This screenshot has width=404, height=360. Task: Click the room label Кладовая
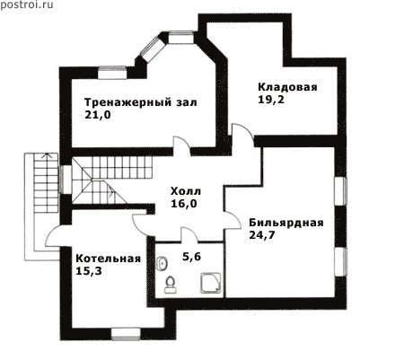[x=287, y=87]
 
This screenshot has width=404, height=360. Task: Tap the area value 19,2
[x=271, y=100]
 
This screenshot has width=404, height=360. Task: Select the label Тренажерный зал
[x=141, y=102]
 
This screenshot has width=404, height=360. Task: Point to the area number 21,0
[x=98, y=115]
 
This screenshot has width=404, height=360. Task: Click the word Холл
[x=186, y=191]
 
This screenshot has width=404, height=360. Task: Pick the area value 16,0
[x=184, y=204]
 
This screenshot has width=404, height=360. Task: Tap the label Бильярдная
[x=286, y=223]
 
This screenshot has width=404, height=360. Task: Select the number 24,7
[x=262, y=235]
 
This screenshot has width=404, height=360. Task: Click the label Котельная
[x=108, y=259]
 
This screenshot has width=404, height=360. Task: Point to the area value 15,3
[x=89, y=271]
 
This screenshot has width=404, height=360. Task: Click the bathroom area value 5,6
[x=191, y=257]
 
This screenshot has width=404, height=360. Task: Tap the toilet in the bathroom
[x=170, y=285]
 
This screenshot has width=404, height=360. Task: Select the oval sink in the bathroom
[x=162, y=264]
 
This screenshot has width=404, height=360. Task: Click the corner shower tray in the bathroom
[x=211, y=283]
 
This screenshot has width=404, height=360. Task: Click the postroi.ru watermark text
[x=27, y=5]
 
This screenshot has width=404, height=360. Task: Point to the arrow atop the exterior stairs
[x=46, y=155]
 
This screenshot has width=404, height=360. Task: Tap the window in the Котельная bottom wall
[x=126, y=334]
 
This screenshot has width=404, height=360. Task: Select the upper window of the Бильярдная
[x=341, y=191]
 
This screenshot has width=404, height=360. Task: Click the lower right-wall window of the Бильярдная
[x=341, y=261]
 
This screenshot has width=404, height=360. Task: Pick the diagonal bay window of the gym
[x=153, y=49]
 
